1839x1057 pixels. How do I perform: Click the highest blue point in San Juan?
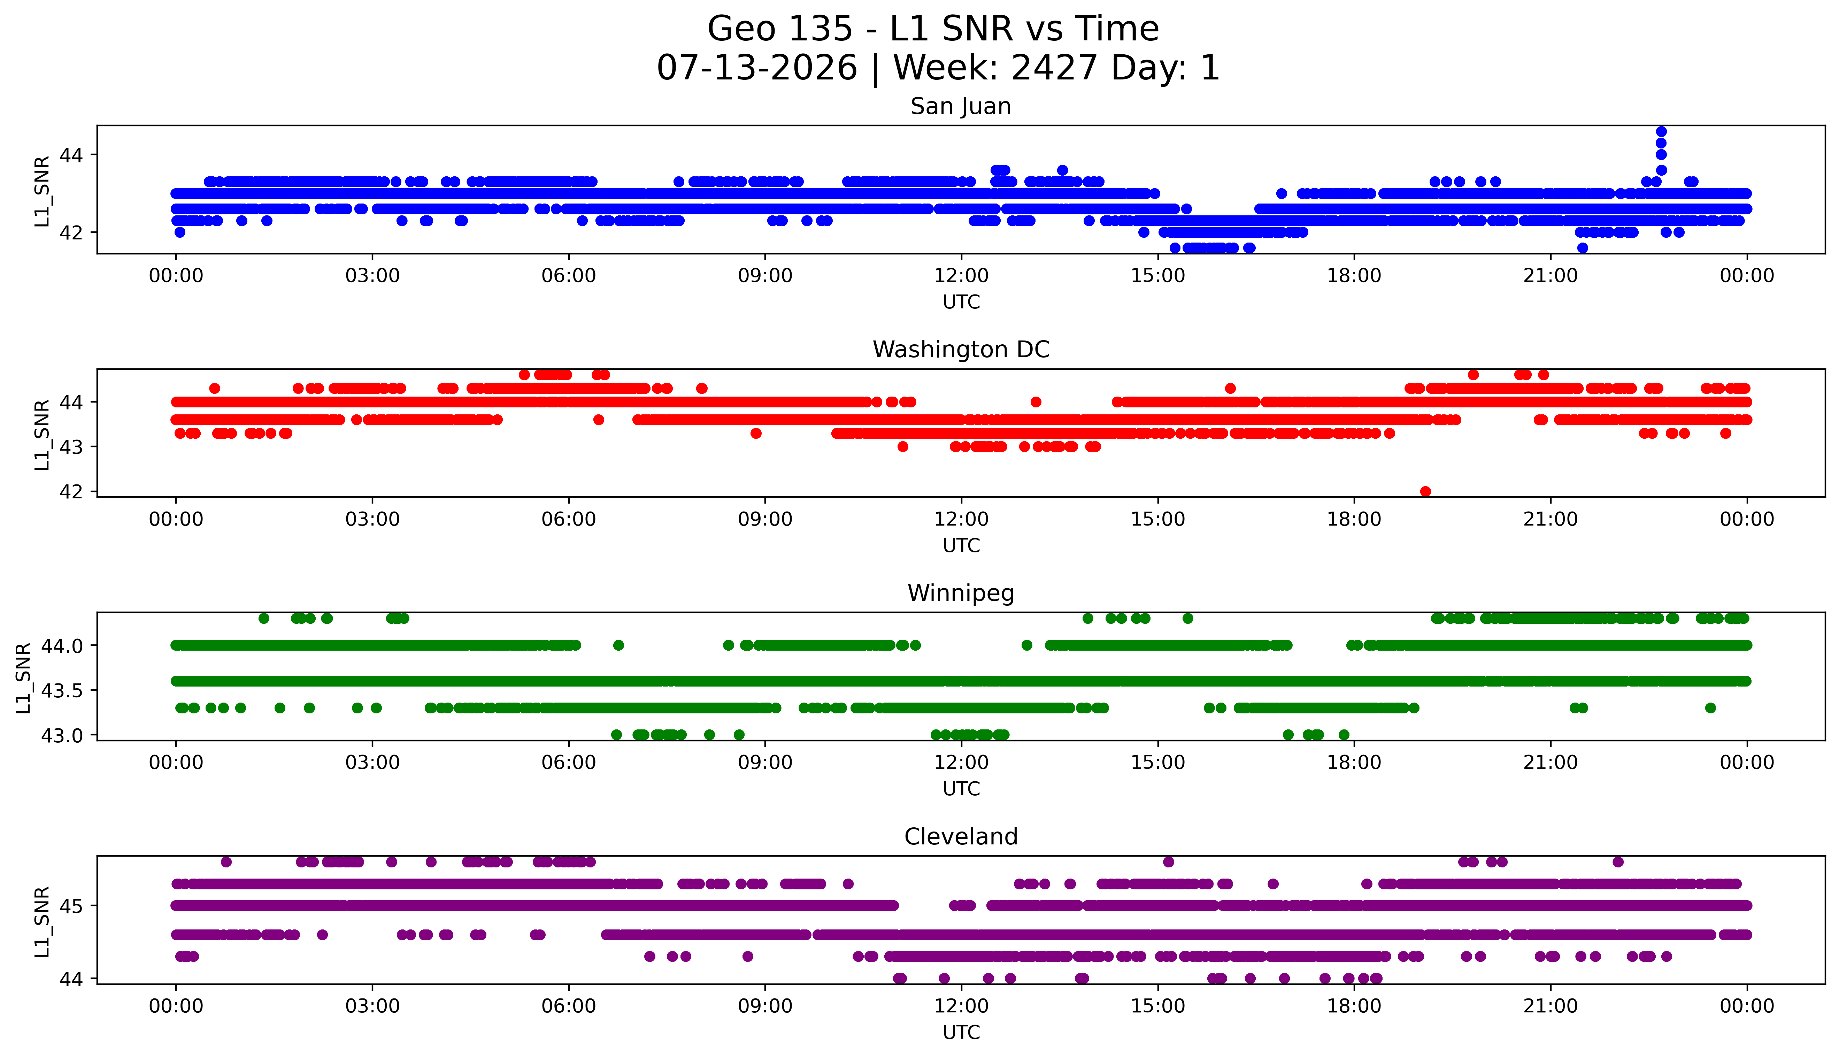click(x=1661, y=131)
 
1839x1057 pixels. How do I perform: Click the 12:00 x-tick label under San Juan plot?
click(x=961, y=276)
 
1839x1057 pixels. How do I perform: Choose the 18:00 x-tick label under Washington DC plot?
click(x=1354, y=520)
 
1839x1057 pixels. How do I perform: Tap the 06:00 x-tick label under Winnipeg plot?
click(x=568, y=763)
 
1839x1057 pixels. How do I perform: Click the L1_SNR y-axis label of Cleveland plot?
click(x=42, y=921)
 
